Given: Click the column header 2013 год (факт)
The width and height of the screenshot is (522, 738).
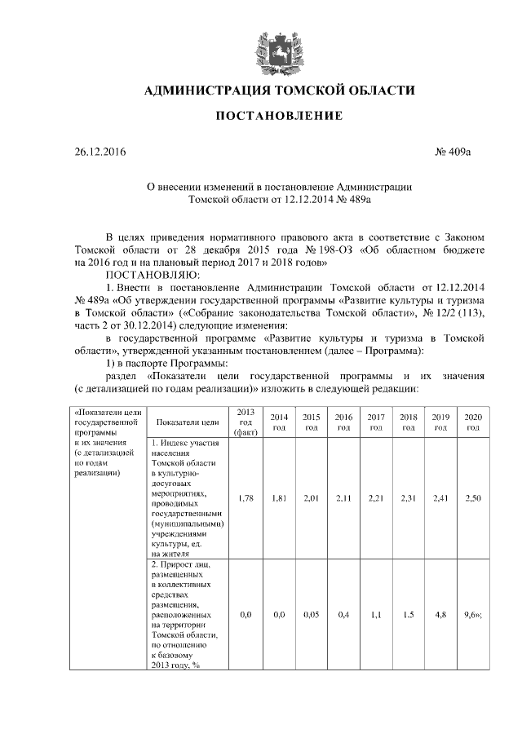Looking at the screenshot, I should pyautogui.click(x=246, y=422).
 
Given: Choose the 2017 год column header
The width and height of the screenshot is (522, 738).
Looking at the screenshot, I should pyautogui.click(x=376, y=422).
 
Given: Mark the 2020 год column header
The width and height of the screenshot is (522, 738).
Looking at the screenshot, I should pyautogui.click(x=472, y=422).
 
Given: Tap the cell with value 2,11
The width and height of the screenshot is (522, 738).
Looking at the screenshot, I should pyautogui.click(x=343, y=497).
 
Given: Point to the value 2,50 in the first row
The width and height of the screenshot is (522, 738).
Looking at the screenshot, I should pyautogui.click(x=472, y=497).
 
